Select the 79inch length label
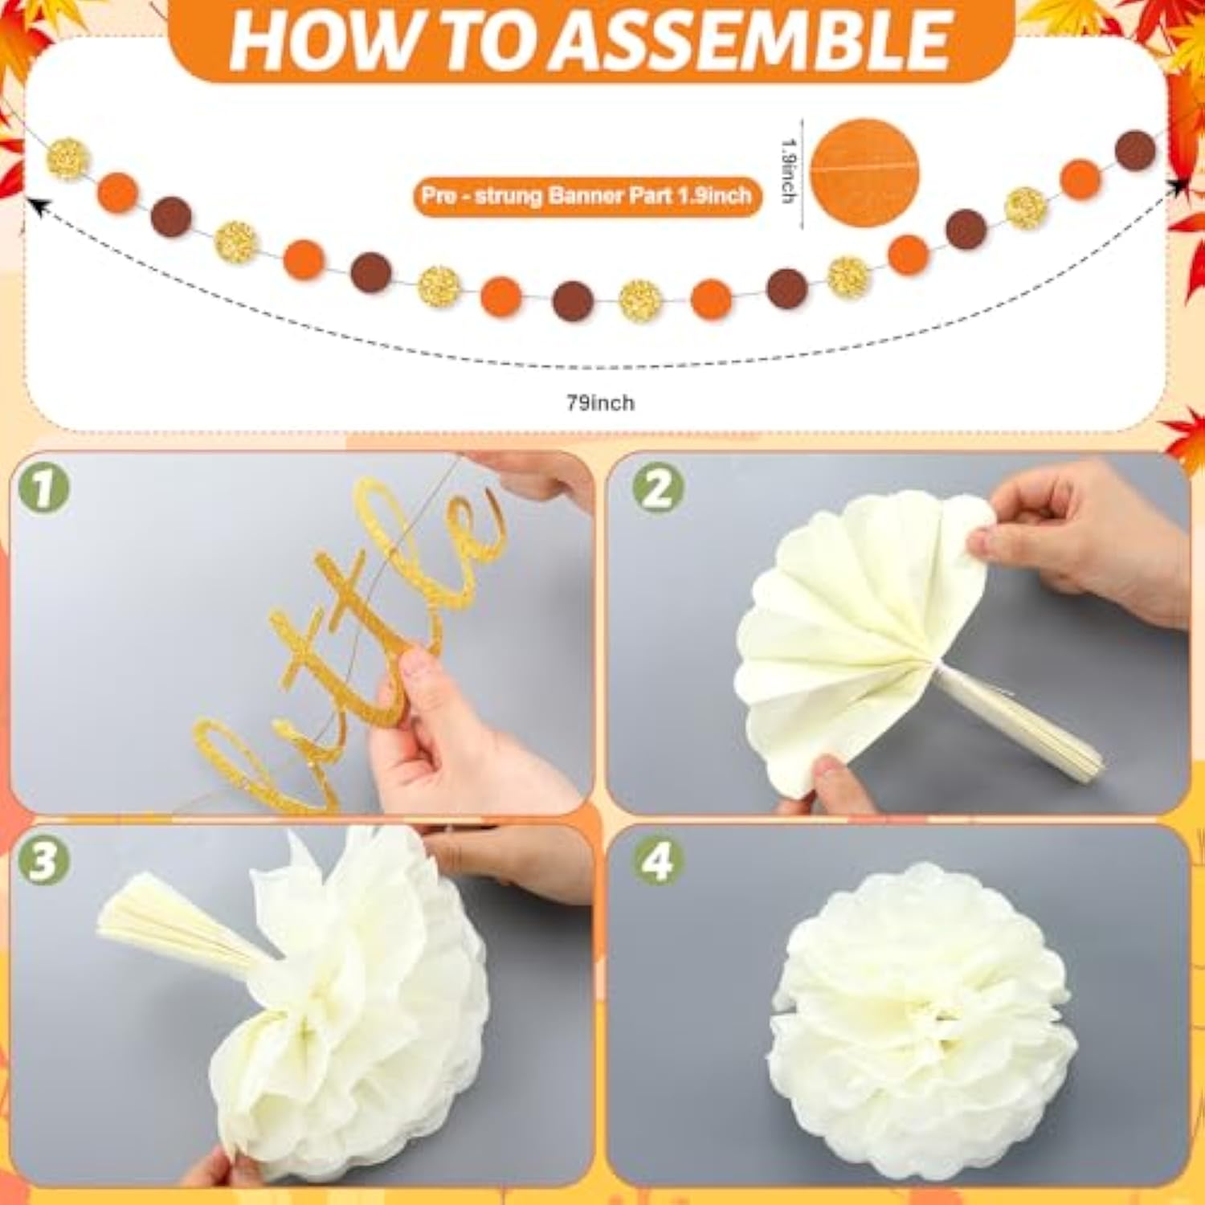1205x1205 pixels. pos(600,402)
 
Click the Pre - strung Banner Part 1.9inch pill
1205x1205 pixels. pos(586,196)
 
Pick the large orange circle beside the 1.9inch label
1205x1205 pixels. pos(864,174)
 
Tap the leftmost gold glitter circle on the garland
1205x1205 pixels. pos(67,158)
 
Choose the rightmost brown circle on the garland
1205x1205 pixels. pos(1135,150)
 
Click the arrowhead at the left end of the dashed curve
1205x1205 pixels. pos(34,205)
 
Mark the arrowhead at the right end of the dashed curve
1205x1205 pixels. pos(1177,188)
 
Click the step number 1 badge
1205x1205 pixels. pos(44,488)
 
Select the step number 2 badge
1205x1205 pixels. pos(657,488)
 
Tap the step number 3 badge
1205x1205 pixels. pos(44,860)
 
